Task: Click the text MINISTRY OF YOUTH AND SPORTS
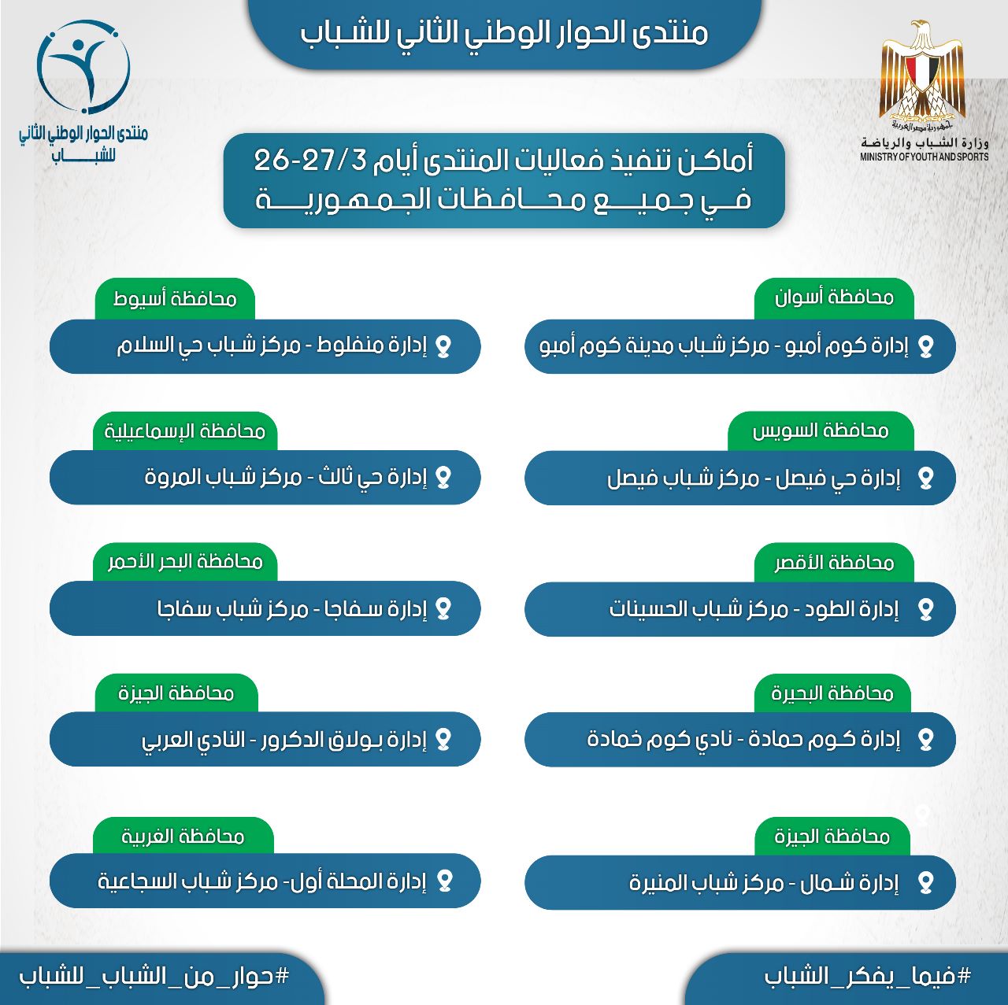924,157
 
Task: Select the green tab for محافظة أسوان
834,297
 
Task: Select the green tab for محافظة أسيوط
175,298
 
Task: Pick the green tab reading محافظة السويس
821,430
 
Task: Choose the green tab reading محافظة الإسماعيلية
185,430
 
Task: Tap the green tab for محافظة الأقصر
834,562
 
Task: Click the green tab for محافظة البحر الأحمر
185,561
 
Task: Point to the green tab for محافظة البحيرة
832,693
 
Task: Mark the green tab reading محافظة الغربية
183,836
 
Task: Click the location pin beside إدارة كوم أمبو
925,346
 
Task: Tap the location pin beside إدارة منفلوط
443,346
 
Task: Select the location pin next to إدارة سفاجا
443,608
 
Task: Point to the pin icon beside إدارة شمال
925,883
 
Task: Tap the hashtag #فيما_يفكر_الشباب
868,976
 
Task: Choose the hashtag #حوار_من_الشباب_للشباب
154,976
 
